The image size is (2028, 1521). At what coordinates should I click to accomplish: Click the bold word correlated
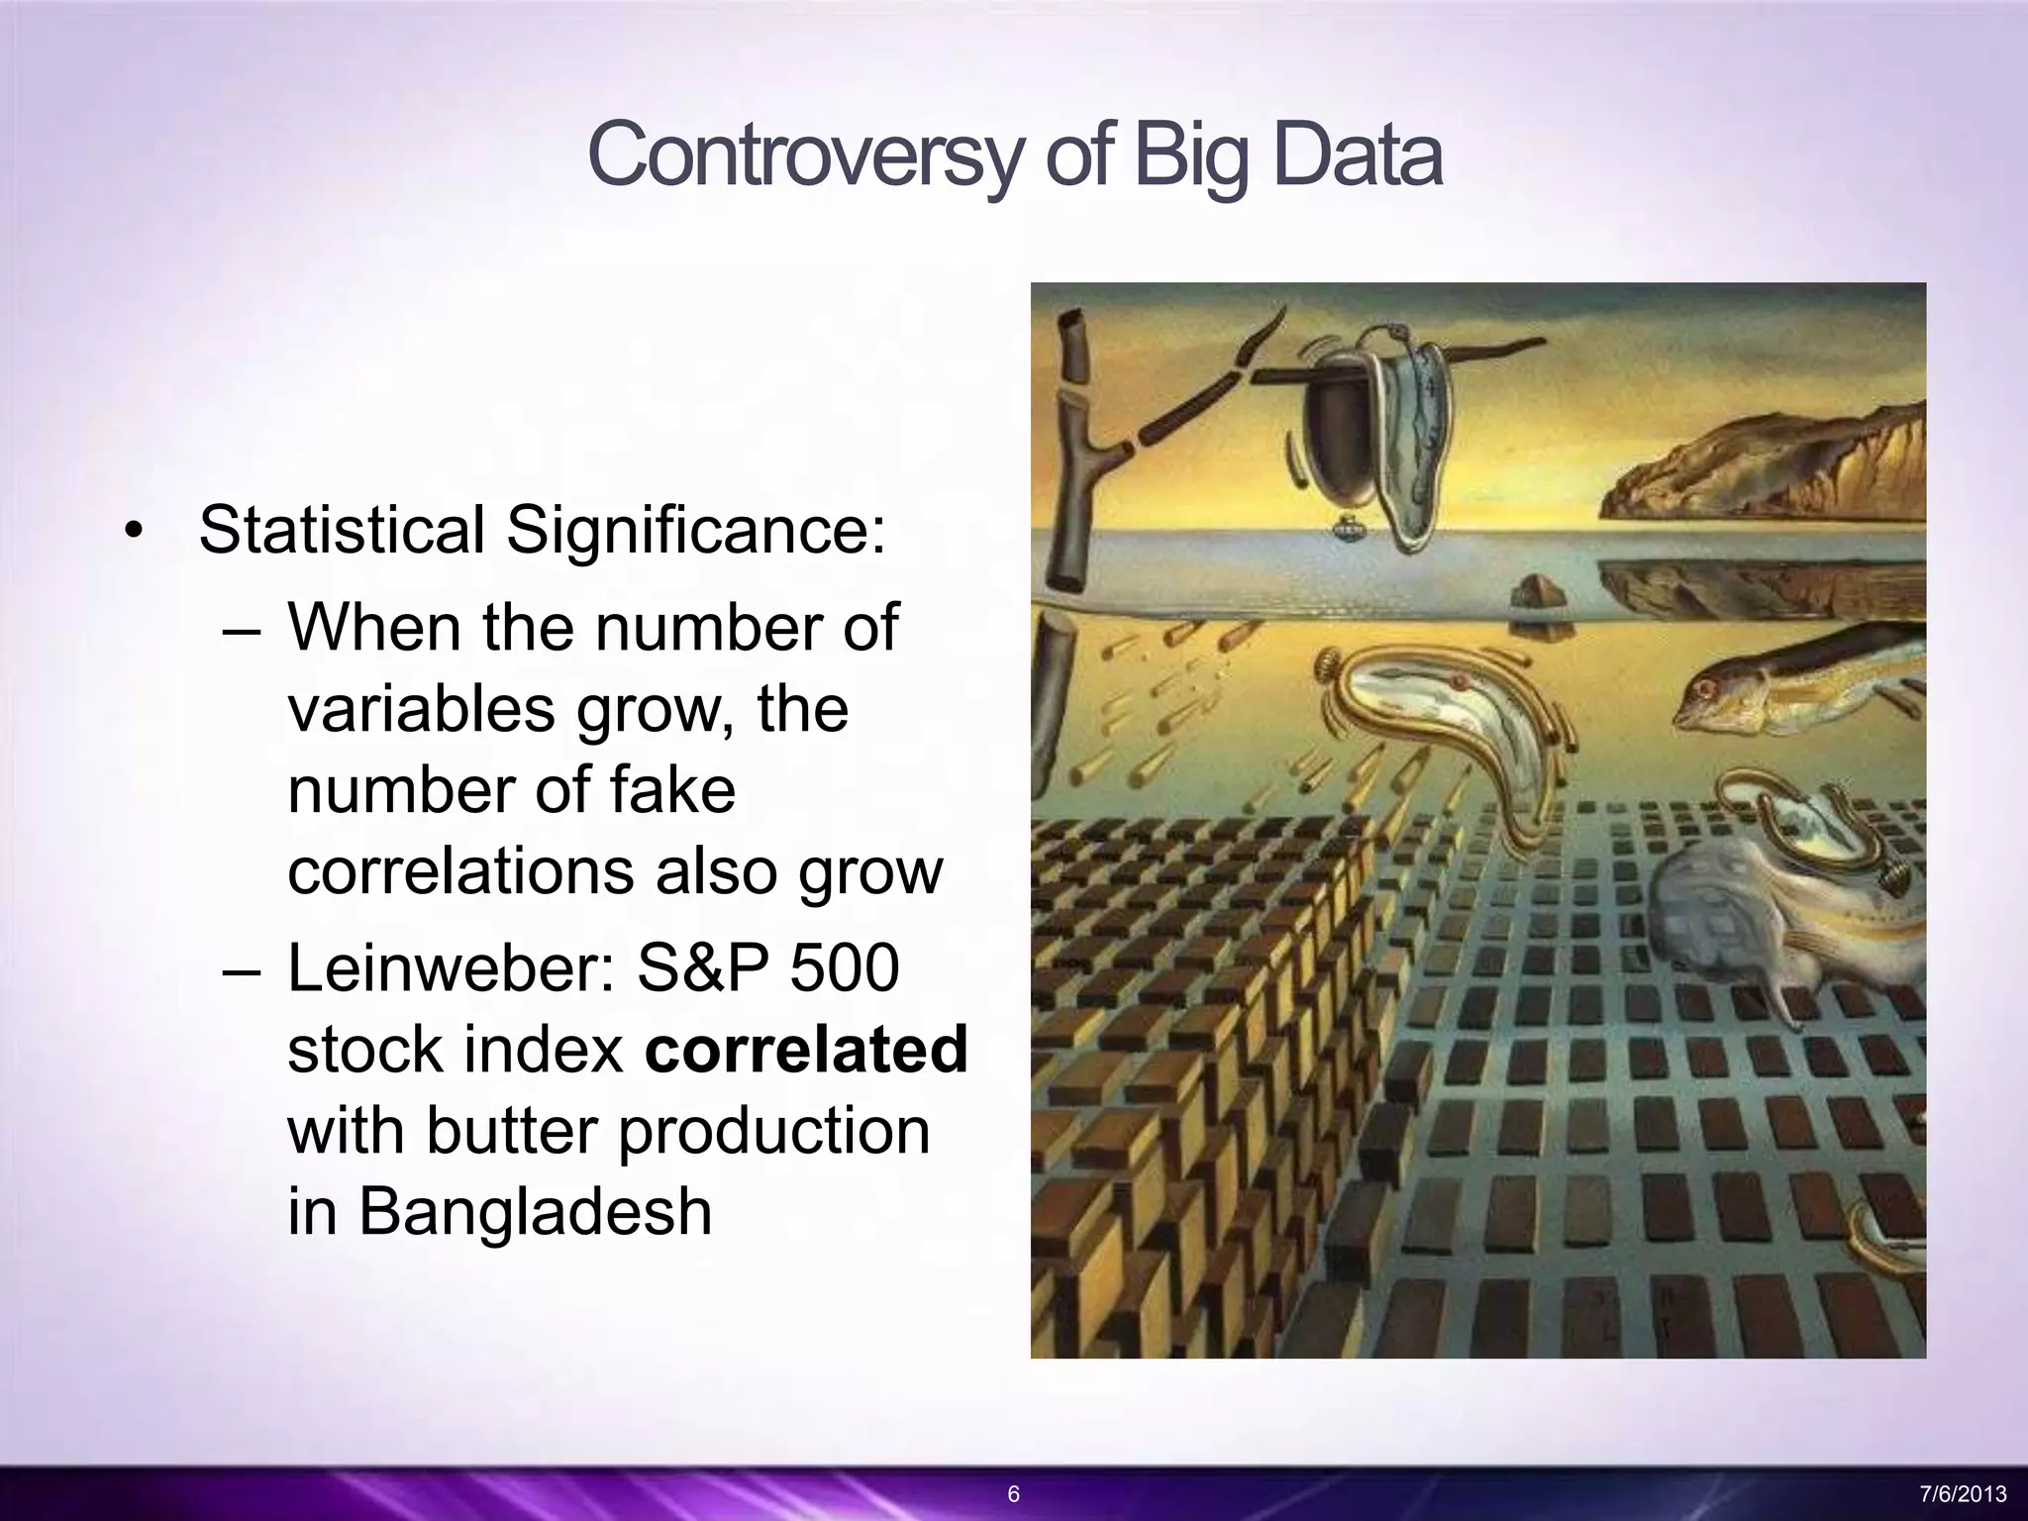tap(805, 1049)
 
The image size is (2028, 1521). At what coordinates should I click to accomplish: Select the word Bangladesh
tap(499, 1211)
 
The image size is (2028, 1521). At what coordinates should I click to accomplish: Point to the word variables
tap(420, 709)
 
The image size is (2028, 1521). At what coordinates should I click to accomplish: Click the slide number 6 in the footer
tap(1013, 1494)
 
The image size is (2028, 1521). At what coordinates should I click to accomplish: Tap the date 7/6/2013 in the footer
tap(1963, 1494)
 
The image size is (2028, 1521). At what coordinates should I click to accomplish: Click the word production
tap(773, 1130)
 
